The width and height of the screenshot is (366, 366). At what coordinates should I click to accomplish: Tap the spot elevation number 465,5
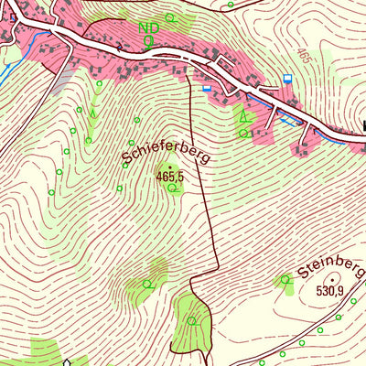click(170, 176)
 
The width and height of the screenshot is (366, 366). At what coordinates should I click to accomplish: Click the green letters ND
click(147, 28)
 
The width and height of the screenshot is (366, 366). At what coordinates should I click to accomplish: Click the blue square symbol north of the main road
click(288, 79)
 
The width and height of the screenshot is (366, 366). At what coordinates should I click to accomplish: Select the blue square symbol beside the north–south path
click(206, 89)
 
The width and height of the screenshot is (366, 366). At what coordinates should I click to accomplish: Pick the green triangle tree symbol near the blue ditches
click(242, 117)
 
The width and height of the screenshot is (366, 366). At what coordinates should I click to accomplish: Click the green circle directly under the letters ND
click(147, 41)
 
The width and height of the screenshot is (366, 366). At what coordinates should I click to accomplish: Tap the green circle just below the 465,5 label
click(172, 188)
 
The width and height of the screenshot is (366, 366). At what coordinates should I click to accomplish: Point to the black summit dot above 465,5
click(169, 167)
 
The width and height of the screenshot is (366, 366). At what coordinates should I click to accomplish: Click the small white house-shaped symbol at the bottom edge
click(68, 361)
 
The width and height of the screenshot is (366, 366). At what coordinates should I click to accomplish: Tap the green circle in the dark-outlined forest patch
click(192, 320)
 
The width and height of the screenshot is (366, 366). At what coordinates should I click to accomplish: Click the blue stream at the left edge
click(7, 64)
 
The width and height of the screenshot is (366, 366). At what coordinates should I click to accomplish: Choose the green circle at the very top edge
click(231, 5)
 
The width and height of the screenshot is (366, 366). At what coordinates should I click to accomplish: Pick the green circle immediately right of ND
click(167, 28)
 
